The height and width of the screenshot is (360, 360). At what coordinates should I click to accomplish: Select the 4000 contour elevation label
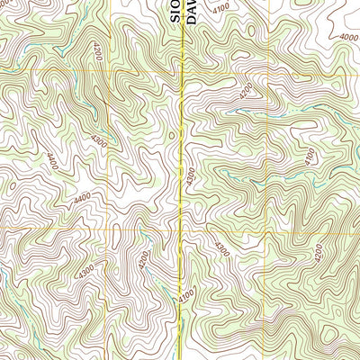(x=348, y=36)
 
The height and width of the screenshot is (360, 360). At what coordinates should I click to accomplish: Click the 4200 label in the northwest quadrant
(x=97, y=52)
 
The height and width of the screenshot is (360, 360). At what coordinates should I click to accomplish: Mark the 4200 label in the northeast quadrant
(x=246, y=91)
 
